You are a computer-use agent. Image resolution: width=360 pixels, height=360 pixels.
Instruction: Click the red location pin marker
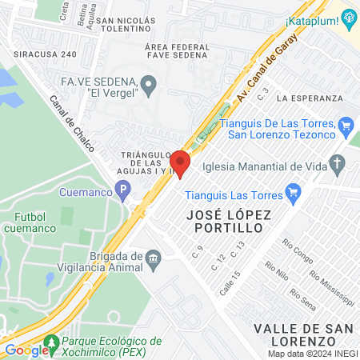[x=179, y=162]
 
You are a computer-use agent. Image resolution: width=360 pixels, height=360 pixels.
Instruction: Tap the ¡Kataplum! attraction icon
[x=348, y=18]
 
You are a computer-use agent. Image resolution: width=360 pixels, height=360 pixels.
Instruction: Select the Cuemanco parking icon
[x=122, y=191]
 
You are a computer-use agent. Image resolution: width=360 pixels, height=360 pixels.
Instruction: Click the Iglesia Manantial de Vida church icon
[x=338, y=166]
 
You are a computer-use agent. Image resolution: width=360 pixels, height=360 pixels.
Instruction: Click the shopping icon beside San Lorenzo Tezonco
[x=346, y=125]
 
